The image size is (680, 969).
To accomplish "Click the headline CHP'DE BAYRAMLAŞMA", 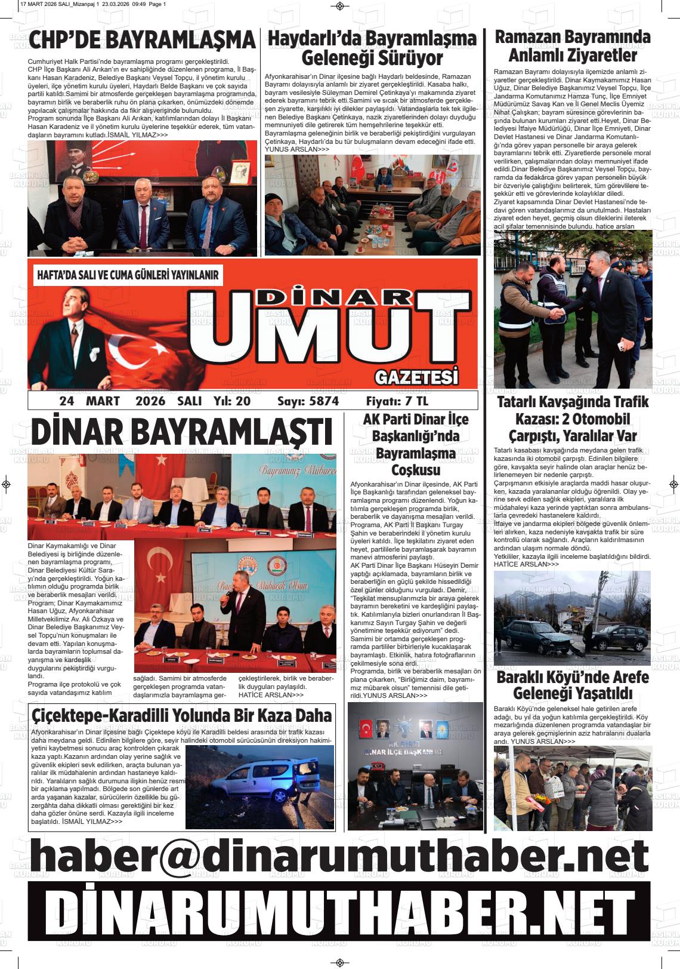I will point(142,41).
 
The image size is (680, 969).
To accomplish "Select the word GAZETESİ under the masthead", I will point(416,377).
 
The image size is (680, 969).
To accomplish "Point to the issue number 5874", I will point(324,401).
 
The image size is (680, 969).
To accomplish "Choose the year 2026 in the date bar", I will point(150,401).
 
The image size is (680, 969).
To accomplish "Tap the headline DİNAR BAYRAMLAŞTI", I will point(181,432).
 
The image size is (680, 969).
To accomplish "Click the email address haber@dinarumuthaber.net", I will point(339,855).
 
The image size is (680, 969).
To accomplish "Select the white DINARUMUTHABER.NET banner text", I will point(339,911).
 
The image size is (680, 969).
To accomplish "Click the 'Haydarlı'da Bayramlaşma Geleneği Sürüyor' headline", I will point(372,48).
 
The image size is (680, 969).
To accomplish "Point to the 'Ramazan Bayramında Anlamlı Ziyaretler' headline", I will point(573,46).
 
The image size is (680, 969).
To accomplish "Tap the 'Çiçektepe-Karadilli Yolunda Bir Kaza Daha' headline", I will point(181,715).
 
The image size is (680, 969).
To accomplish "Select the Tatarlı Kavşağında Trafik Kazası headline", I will point(573,419).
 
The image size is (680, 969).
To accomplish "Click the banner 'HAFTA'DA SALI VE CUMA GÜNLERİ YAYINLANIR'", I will point(128,276).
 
